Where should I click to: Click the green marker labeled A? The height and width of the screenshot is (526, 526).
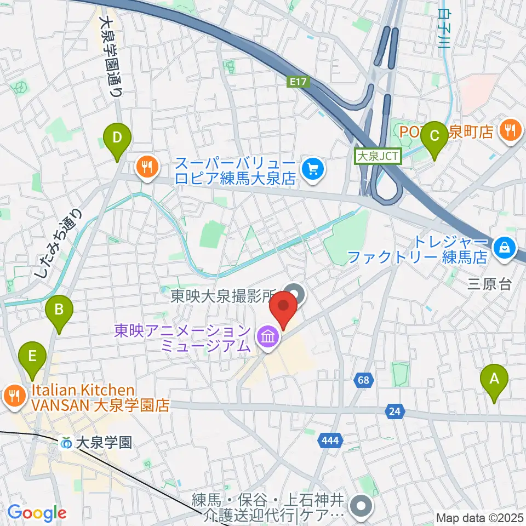pyautogui.click(x=494, y=379)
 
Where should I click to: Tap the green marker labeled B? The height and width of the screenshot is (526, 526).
pyautogui.click(x=59, y=311)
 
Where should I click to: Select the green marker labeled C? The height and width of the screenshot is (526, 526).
pyautogui.click(x=435, y=135)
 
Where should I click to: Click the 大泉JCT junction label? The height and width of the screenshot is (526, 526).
pyautogui.click(x=379, y=156)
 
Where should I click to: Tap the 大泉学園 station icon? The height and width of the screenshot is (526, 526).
pyautogui.click(x=66, y=442)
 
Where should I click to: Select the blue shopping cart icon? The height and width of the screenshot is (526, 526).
pyautogui.click(x=312, y=168)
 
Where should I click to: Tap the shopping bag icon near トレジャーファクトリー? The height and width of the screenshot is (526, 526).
pyautogui.click(x=502, y=248)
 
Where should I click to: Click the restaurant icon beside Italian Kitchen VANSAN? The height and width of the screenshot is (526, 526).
pyautogui.click(x=13, y=397)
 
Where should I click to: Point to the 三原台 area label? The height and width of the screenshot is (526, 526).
pyautogui.click(x=489, y=284)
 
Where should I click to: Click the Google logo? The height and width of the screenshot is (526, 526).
pyautogui.click(x=37, y=513)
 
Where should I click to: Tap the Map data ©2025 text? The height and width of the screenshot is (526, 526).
pyautogui.click(x=479, y=517)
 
